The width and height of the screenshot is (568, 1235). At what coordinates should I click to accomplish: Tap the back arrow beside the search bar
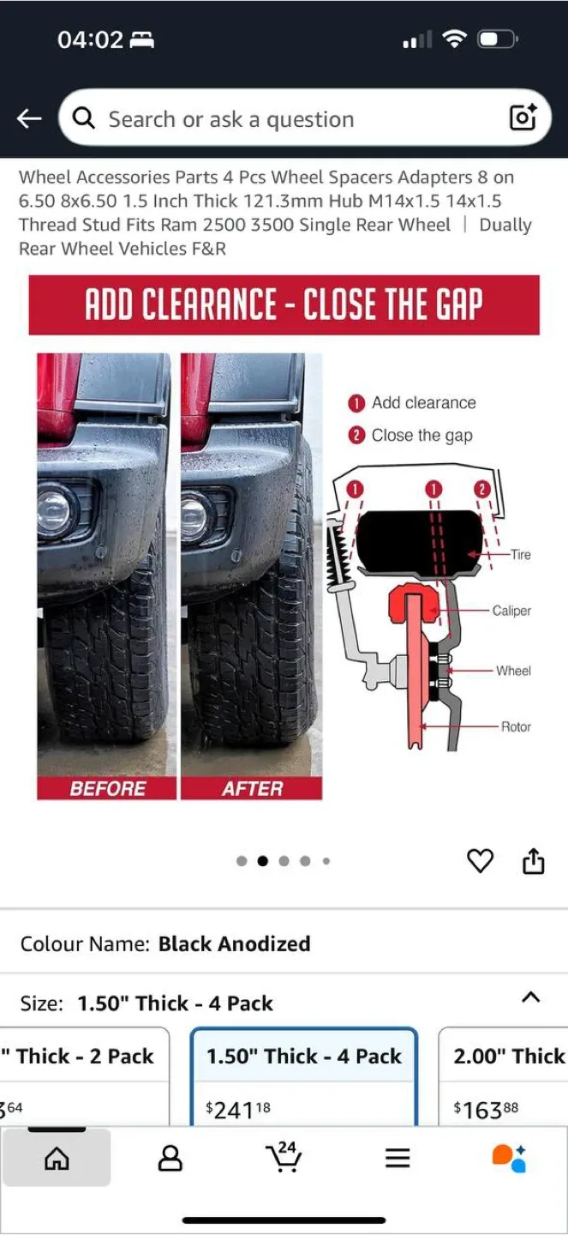[28, 118]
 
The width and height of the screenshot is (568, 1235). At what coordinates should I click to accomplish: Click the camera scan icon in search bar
[523, 117]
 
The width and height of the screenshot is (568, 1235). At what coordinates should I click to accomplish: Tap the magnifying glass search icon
[84, 117]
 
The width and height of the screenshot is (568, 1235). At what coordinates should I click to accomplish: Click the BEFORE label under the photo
[107, 788]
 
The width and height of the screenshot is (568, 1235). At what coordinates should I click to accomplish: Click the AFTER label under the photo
[253, 788]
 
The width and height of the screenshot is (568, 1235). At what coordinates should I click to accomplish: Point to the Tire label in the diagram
[521, 555]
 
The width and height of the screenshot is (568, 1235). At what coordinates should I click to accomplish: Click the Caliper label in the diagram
[511, 611]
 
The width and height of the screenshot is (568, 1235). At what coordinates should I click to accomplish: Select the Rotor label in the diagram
[517, 726]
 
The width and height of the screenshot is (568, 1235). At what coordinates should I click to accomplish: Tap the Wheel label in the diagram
[513, 671]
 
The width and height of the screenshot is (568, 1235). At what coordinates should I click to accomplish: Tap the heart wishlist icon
[480, 861]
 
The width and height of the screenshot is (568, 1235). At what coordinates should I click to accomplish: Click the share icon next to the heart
[533, 861]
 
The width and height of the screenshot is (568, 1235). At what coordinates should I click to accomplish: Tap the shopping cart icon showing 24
[284, 1156]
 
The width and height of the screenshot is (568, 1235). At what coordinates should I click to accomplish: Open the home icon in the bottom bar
[57, 1158]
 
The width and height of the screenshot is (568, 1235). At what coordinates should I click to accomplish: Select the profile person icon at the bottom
[170, 1157]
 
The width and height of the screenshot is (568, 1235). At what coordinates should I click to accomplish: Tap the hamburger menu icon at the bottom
[398, 1158]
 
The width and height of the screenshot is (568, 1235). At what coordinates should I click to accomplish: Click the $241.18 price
[238, 1109]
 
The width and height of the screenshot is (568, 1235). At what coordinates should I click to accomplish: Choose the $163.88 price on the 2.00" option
[486, 1109]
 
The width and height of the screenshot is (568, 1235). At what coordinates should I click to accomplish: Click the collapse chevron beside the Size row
[530, 997]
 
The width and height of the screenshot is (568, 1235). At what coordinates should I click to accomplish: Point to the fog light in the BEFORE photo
[54, 511]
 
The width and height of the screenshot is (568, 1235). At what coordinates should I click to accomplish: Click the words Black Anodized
[235, 944]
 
